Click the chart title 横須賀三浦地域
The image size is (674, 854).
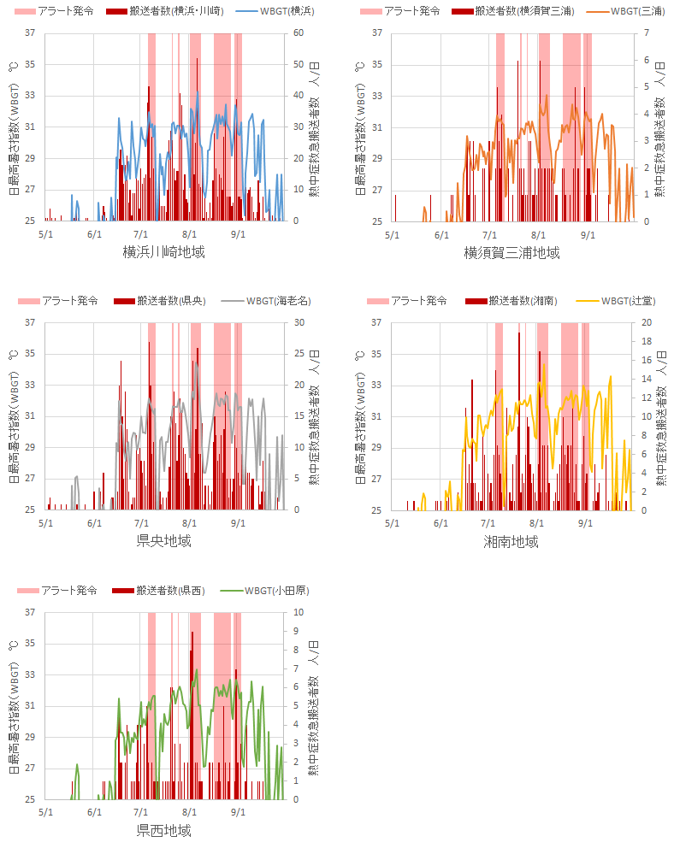point(511,252)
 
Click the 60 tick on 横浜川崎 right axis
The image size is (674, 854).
point(299,32)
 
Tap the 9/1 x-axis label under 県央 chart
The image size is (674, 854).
point(239,522)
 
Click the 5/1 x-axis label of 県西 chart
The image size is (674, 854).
point(44,812)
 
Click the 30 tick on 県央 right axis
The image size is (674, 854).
point(299,322)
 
